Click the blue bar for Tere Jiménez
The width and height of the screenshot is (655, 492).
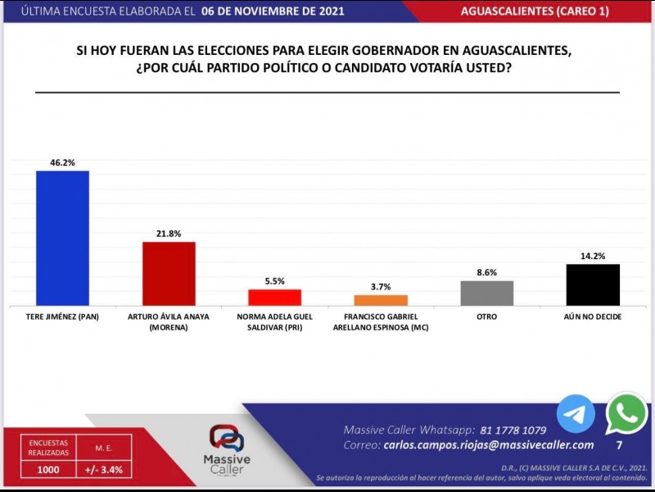click(x=63, y=238)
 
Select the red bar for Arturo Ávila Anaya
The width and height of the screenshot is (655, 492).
click(x=169, y=273)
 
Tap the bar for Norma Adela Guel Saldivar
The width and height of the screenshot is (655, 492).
click(x=275, y=297)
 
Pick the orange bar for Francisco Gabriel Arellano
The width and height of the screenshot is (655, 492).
click(x=381, y=300)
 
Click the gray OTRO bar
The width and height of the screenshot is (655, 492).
click(x=487, y=293)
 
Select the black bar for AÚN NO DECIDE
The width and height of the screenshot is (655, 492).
click(x=593, y=285)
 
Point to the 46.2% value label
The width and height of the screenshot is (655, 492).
click(x=63, y=162)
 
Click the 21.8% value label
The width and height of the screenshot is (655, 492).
click(x=169, y=234)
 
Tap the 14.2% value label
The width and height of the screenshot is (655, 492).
click(x=593, y=256)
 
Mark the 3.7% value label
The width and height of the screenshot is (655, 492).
click(x=381, y=287)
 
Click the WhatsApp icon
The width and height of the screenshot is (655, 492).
click(x=626, y=413)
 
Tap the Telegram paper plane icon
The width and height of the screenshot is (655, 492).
click(x=576, y=414)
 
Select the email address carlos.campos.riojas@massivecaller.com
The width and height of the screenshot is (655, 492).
click(x=488, y=444)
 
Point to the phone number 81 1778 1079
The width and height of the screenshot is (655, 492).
click(x=513, y=430)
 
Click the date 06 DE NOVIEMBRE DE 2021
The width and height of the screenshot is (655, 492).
click(x=273, y=11)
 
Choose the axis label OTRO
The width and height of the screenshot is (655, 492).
click(x=487, y=317)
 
